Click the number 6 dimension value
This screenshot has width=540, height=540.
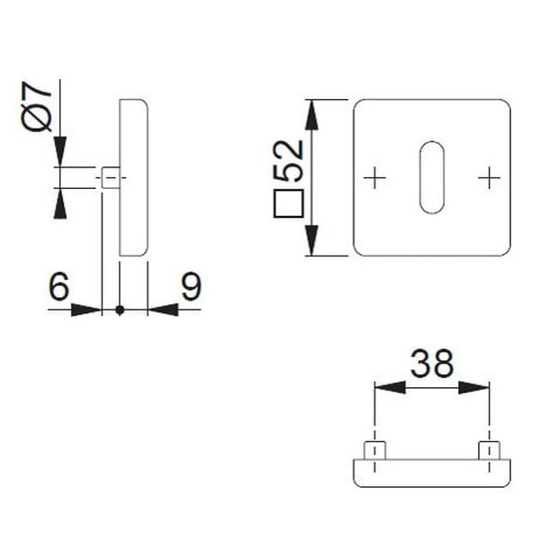[x=58, y=287]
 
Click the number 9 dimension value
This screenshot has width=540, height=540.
[x=190, y=287]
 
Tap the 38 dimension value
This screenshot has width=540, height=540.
[x=432, y=364]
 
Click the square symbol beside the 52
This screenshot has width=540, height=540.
[x=288, y=205]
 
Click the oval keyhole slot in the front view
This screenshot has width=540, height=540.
[x=432, y=177]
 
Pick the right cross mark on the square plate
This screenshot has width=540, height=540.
[x=489, y=178]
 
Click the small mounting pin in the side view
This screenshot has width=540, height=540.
[x=109, y=178]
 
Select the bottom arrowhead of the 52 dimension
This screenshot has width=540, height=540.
[x=310, y=241]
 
